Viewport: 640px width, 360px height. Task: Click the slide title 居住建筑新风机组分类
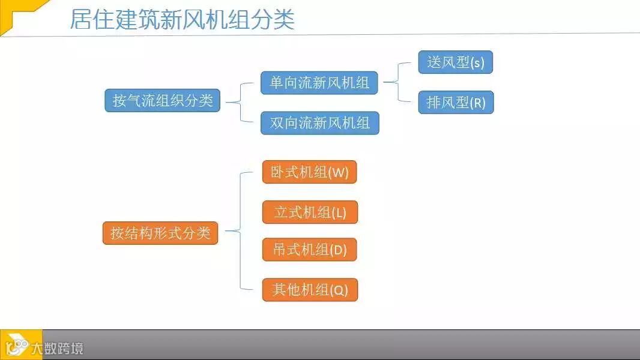(182, 19)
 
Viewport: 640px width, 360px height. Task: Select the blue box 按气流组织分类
(162, 100)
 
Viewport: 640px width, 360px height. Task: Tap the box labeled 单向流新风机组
(319, 83)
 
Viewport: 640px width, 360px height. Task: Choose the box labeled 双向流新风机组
(319, 123)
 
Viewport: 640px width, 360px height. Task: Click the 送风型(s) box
(455, 62)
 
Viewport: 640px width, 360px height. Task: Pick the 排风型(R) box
(456, 103)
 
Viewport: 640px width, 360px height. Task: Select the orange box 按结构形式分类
(160, 233)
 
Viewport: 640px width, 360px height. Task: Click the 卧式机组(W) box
(310, 172)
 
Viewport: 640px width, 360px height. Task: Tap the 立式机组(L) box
(310, 212)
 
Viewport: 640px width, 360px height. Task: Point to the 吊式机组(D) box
(310, 250)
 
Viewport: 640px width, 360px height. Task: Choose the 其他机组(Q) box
(310, 290)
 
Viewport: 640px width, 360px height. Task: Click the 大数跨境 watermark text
(62, 348)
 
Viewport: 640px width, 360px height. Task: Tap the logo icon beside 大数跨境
(18, 346)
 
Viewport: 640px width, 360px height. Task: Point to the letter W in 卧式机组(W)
(339, 173)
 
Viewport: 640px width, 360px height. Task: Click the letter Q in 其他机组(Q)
(339, 291)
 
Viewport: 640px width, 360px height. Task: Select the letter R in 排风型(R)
(478, 103)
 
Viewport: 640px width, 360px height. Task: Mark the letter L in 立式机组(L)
(340, 213)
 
